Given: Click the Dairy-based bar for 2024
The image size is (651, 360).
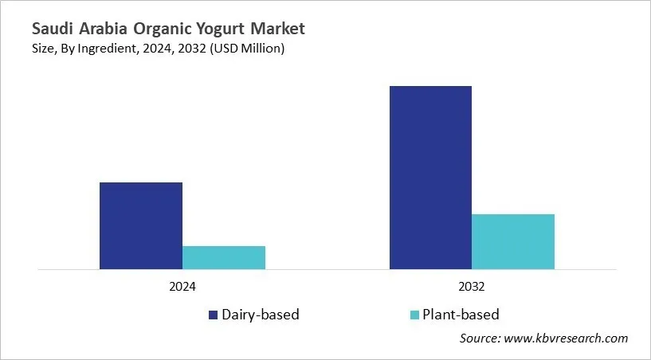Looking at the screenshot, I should [141, 225].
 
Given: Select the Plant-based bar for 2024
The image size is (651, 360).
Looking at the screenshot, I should [224, 257].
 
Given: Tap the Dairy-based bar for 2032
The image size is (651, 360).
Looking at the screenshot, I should [430, 177].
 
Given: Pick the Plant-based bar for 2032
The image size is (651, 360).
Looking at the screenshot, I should [513, 241].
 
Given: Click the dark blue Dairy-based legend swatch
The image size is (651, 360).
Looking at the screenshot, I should [214, 315].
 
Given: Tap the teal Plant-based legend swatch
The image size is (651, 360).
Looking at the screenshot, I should [414, 315].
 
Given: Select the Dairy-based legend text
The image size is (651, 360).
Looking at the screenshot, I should [261, 315].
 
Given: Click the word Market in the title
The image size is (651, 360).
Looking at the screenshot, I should [278, 29].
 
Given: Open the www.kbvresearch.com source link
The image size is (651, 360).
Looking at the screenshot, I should [567, 338].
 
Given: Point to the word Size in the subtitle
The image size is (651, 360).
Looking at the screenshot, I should [44, 49].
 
